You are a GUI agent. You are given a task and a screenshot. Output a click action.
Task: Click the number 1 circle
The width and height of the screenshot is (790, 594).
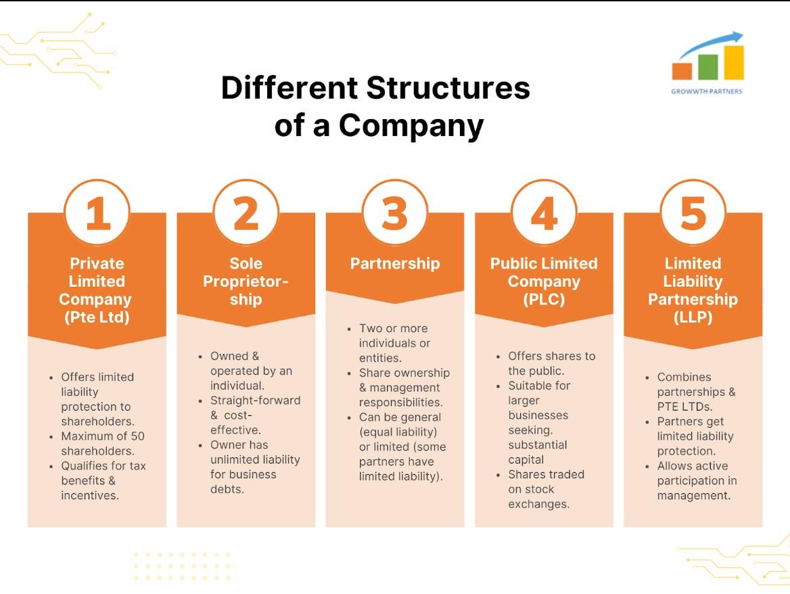pyautogui.click(x=97, y=212)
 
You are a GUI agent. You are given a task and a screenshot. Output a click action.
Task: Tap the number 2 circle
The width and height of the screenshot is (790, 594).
pyautogui.click(x=246, y=212)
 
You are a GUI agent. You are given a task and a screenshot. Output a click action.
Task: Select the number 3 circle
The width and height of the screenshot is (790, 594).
pyautogui.click(x=395, y=212)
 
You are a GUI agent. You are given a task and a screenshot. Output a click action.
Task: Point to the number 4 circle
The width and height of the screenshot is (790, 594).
pyautogui.click(x=544, y=212)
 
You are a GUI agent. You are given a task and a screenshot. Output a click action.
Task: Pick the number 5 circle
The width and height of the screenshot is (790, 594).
pyautogui.click(x=693, y=212)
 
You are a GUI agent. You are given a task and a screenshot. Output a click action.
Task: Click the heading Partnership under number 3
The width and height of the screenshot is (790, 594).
pyautogui.click(x=395, y=263)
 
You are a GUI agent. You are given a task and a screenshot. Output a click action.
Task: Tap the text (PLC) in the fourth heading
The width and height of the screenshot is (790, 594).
pyautogui.click(x=544, y=299)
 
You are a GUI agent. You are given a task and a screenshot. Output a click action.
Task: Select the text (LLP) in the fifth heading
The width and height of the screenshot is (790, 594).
pyautogui.click(x=693, y=317)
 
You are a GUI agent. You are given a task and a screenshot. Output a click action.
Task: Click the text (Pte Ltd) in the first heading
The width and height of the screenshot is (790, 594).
pyautogui.click(x=97, y=317)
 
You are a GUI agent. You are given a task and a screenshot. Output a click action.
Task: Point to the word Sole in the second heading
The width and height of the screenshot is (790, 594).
pyautogui.click(x=246, y=263)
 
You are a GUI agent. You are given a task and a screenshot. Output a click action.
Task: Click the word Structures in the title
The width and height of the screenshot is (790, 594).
pyautogui.click(x=448, y=88)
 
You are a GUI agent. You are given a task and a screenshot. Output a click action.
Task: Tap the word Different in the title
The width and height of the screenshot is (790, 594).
pyautogui.click(x=289, y=88)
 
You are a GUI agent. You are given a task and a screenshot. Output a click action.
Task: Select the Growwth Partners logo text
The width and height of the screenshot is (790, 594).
pyautogui.click(x=706, y=91)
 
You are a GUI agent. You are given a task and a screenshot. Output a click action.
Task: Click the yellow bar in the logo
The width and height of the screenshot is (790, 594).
pyautogui.click(x=734, y=63)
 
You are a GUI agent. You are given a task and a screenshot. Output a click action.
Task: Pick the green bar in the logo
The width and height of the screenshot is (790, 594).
pyautogui.click(x=708, y=67)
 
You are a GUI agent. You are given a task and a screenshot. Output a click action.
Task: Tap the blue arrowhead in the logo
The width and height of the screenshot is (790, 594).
pyautogui.click(x=738, y=37)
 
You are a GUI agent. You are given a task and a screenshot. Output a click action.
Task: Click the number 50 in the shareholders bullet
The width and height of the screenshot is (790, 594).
pyautogui.click(x=137, y=436)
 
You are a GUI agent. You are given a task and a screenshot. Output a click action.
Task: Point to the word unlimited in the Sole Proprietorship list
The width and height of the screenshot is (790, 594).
pyautogui.click(x=233, y=459)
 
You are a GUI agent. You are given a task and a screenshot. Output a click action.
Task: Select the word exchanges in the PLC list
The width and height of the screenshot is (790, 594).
pyautogui.click(x=538, y=504)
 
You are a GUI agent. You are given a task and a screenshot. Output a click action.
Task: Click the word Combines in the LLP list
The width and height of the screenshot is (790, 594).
pyautogui.click(x=684, y=377)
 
